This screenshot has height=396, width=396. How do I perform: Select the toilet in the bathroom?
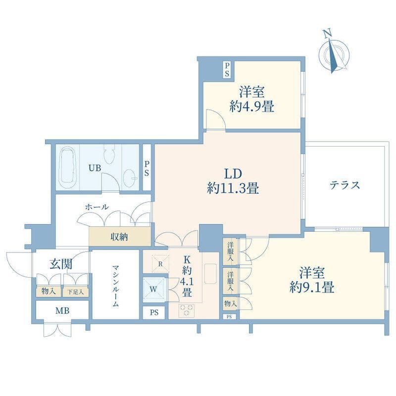pos(109,154)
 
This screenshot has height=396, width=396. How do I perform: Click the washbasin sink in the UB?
pos(130,178)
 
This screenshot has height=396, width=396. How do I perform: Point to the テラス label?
pos(345,185)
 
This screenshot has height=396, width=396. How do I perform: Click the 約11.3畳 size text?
pos(233,189)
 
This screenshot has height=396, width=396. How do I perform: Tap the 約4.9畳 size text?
pos(252,106)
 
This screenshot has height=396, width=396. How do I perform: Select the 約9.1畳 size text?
pos(312,288)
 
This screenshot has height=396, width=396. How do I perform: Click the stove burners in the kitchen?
pos(187,310)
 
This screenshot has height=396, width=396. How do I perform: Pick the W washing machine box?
pos(154,290)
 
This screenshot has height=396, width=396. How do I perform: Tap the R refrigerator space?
pos(160,264)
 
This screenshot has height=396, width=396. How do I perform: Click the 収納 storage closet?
pos(120,237)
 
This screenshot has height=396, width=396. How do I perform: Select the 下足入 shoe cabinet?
pos(76,292)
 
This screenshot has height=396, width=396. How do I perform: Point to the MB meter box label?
pos(62,311)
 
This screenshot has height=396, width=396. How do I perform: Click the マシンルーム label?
pos(115,286)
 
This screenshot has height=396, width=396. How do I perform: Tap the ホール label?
pos(97,207)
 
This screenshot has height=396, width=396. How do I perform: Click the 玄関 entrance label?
pos(61,264)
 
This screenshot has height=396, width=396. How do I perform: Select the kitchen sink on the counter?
pos(210,274)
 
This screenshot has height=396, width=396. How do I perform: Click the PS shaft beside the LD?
pos(147,168)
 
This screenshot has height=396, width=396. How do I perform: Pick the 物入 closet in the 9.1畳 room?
pos(230,303)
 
